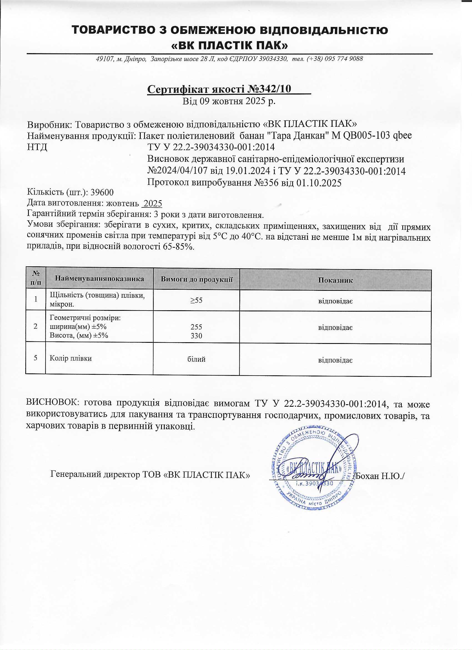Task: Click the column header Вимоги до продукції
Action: (x=196, y=279)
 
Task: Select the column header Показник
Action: (x=335, y=280)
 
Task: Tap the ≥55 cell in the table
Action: (x=196, y=300)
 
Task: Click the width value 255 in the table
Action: (x=196, y=327)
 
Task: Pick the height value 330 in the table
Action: (x=196, y=336)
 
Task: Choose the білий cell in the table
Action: (x=196, y=359)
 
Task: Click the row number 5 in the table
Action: (x=36, y=358)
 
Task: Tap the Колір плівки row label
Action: (x=71, y=358)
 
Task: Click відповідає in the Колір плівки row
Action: (x=335, y=360)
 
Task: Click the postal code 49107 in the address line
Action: (x=104, y=59)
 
